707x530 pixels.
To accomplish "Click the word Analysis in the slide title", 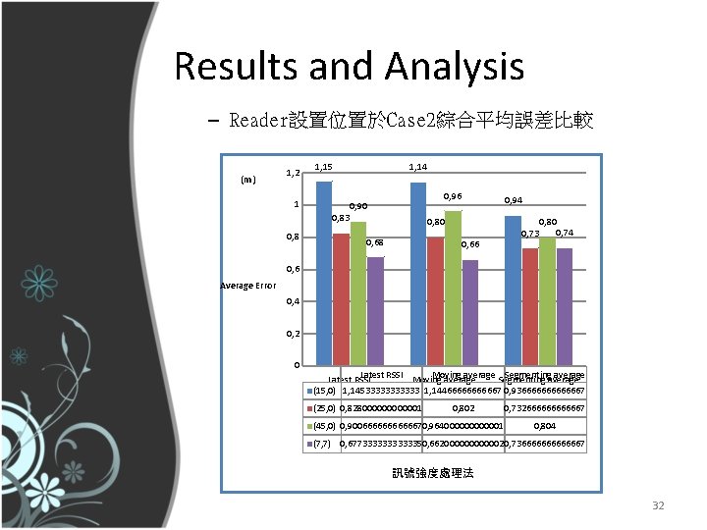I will click(x=455, y=67).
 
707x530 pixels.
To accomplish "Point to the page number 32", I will click(x=659, y=505).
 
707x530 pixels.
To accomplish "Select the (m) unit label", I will click(x=248, y=180).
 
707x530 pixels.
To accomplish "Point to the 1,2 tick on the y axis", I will click(x=293, y=173).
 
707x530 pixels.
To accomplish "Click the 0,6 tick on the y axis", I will click(x=293, y=269).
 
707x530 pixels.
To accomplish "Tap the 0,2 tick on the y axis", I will click(x=293, y=334).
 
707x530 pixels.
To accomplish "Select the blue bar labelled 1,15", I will click(x=323, y=275).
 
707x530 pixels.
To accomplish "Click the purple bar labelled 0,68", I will click(x=375, y=311).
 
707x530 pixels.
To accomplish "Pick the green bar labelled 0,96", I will click(x=453, y=289).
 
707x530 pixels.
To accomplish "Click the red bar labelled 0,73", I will click(x=529, y=307).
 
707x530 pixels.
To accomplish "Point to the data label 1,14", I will click(x=416, y=167).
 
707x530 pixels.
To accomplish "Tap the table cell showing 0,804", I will click(x=544, y=426).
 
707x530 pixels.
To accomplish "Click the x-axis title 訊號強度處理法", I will click(x=432, y=473).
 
